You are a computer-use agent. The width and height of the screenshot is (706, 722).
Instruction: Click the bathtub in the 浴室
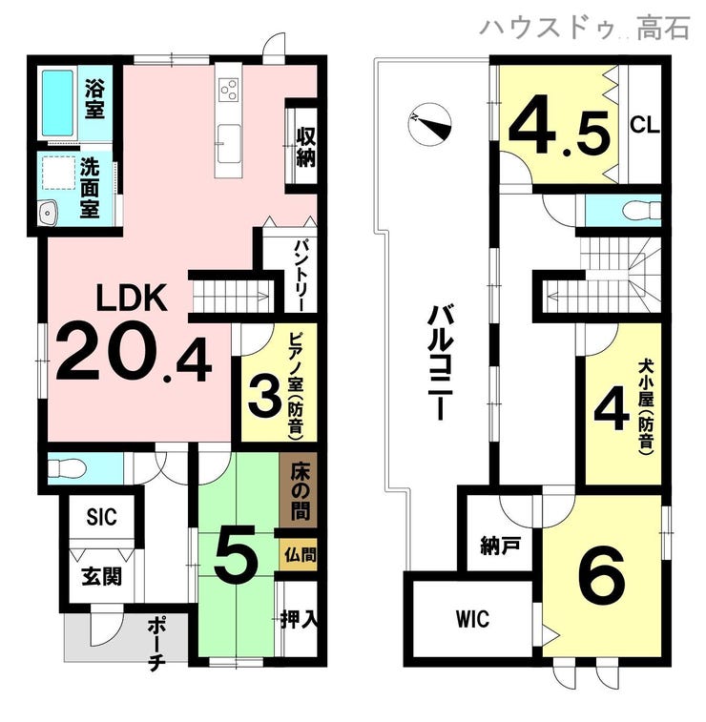[58, 103]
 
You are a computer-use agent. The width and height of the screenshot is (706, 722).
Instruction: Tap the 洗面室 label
[90, 188]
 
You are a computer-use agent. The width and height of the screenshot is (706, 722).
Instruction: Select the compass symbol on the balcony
[429, 122]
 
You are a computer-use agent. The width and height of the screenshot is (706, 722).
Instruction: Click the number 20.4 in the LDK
[134, 355]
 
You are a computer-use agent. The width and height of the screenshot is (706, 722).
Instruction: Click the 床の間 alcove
[299, 493]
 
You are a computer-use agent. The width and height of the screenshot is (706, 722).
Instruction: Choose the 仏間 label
[300, 555]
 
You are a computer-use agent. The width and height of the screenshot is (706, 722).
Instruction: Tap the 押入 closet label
[300, 620]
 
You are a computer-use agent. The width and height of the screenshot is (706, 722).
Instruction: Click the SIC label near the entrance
[102, 517]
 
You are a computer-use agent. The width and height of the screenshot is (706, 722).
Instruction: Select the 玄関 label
[102, 576]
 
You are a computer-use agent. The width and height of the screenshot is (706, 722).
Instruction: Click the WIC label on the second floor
[473, 619]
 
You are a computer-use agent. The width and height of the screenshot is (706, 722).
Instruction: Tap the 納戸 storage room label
[500, 547]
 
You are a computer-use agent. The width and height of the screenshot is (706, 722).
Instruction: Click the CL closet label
[645, 125]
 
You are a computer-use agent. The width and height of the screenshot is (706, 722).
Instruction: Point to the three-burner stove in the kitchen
[229, 90]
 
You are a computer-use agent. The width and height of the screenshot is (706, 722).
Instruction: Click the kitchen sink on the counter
[229, 143]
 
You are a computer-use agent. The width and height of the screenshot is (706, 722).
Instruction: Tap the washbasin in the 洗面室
[49, 213]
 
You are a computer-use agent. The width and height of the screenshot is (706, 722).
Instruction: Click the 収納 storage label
[305, 147]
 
